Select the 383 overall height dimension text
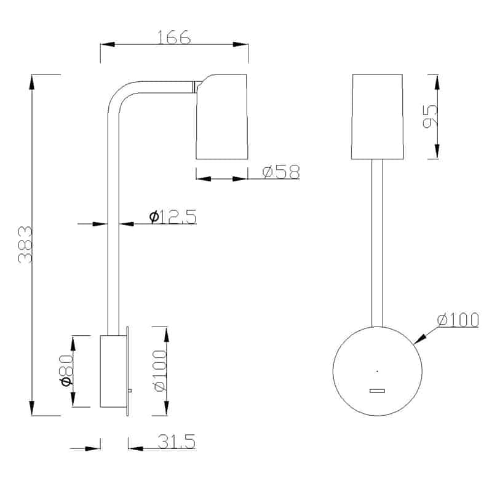point(25,245)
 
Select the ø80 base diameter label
point(67,372)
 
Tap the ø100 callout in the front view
point(458,320)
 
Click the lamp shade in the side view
point(222,117)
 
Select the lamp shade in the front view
point(377,117)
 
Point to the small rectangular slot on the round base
point(377,390)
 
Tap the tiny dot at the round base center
point(377,371)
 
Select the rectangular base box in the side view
point(113,371)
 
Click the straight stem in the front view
point(377,240)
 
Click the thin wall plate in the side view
point(127,371)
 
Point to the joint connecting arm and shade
point(195,88)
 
